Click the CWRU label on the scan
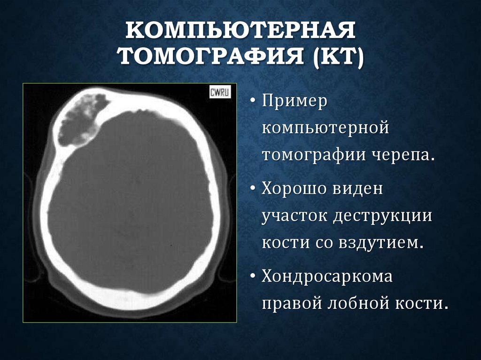coord(219,92)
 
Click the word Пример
coord(294,101)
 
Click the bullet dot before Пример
coord(253,101)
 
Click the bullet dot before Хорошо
coord(253,189)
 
